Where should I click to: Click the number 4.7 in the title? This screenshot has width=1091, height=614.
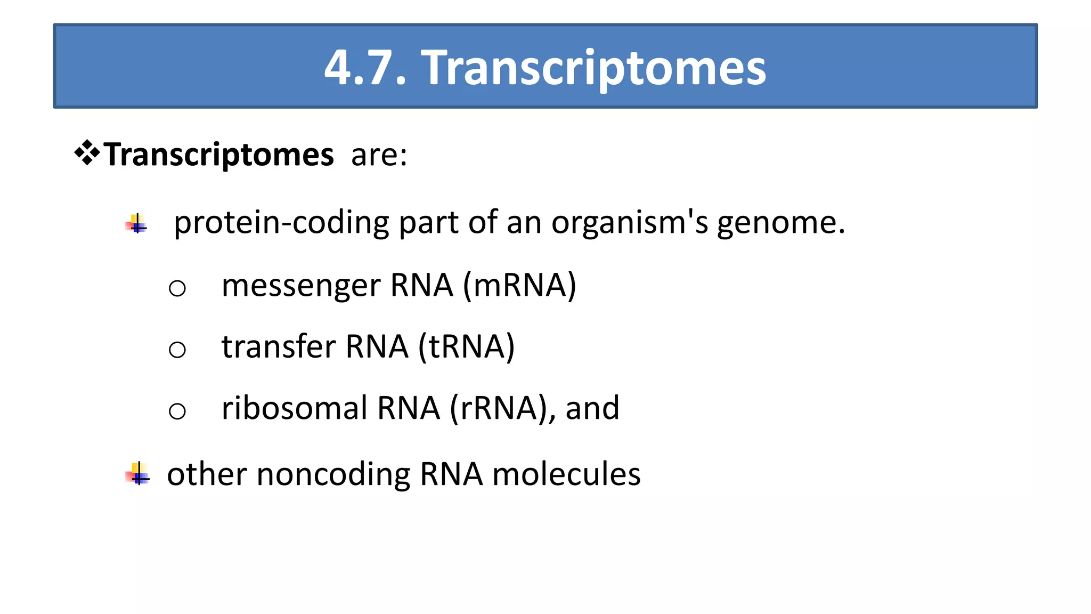tap(365, 68)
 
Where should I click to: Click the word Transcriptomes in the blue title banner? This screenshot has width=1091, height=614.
tap(593, 68)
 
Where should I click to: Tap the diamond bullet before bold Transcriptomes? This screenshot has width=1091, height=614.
tap(87, 154)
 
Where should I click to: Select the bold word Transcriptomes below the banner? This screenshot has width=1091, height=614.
tap(219, 155)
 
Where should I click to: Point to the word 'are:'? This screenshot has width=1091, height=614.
tap(379, 155)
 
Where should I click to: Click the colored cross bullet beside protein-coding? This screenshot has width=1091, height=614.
tap(137, 224)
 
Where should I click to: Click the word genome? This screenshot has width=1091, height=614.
tap(780, 223)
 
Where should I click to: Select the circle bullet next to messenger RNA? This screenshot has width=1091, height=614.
tap(177, 288)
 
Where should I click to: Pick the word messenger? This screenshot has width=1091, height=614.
tap(301, 286)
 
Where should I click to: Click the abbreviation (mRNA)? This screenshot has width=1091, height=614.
tap(519, 286)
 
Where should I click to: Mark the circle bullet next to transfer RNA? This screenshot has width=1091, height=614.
tap(177, 350)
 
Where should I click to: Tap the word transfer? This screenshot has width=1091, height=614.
tap(279, 346)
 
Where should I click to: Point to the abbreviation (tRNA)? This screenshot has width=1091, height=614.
tap(466, 346)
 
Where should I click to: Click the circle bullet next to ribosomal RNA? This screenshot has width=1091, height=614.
tap(177, 411)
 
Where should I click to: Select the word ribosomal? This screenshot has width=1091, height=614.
tap(295, 408)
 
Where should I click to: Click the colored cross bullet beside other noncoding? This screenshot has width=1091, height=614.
tap(138, 474)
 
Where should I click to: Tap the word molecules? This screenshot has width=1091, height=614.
tap(566, 474)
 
